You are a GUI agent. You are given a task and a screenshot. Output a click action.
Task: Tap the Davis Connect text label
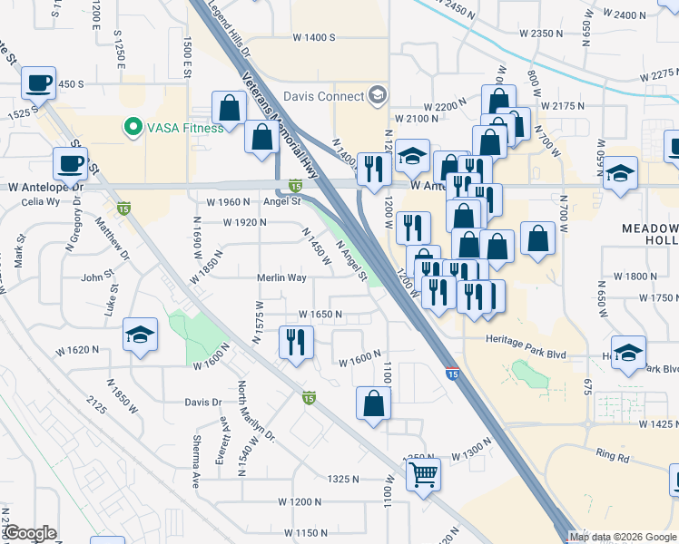click(323, 95)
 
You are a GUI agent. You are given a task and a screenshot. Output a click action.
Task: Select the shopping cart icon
click(423, 474)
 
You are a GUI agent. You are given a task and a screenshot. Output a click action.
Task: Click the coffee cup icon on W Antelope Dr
click(70, 164)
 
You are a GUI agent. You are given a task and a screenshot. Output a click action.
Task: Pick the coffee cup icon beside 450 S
click(38, 83)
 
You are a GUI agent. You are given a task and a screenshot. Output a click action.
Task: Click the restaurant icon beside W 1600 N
click(296, 343)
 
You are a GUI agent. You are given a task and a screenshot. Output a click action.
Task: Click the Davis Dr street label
click(203, 402)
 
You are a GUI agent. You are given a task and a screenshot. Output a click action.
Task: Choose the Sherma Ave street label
click(195, 465)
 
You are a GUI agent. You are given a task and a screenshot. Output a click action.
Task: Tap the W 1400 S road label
click(313, 37)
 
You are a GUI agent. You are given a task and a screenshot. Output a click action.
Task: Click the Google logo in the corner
click(30, 533)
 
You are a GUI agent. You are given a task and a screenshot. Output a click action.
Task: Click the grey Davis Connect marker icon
click(377, 95)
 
